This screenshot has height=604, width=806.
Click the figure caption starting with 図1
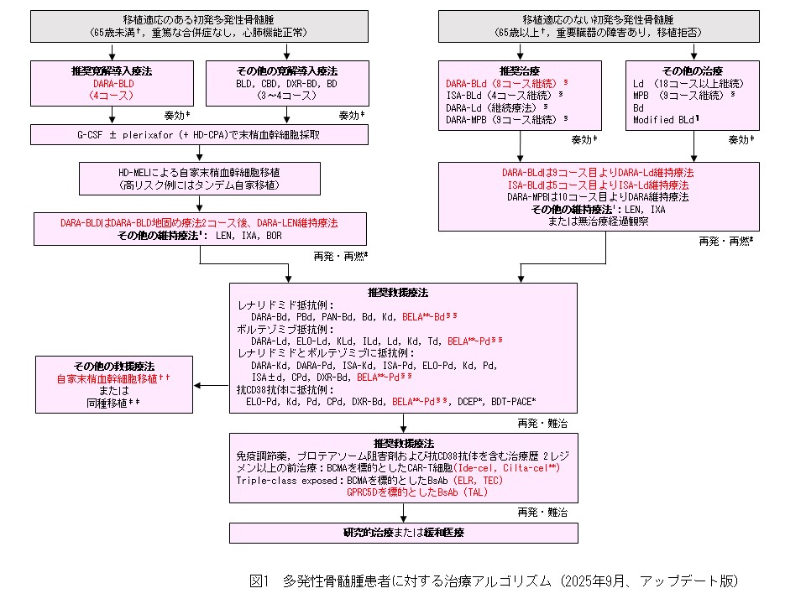[x=493, y=581]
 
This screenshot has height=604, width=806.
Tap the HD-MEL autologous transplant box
[x=199, y=177]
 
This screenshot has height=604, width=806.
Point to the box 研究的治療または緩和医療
[x=404, y=533]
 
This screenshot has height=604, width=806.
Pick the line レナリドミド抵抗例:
[x=286, y=305]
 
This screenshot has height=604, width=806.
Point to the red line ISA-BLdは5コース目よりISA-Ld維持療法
[x=597, y=185]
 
